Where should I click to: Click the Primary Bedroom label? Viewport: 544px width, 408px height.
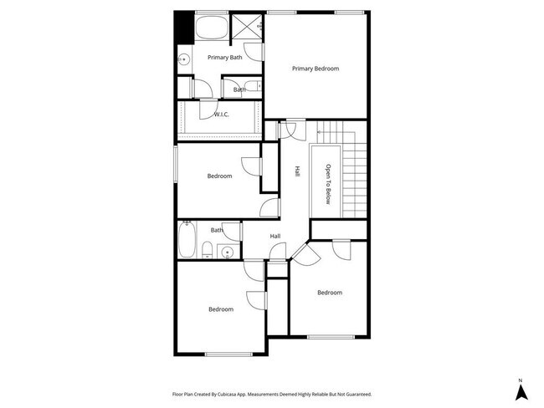(x=316, y=69)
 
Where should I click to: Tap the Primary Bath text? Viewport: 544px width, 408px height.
(x=225, y=58)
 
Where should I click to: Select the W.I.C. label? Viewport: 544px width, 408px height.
(x=222, y=115)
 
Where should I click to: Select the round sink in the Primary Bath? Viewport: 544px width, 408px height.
(x=184, y=59)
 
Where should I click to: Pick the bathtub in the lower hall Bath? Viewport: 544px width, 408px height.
(x=187, y=240)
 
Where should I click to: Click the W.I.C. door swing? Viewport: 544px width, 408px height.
(x=206, y=110)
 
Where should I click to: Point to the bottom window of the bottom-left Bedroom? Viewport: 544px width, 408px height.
(x=228, y=354)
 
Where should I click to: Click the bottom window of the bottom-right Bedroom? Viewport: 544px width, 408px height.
(x=330, y=338)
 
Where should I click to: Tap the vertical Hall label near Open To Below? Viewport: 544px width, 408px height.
(x=297, y=171)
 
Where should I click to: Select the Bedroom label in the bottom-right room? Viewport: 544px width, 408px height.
(x=330, y=293)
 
